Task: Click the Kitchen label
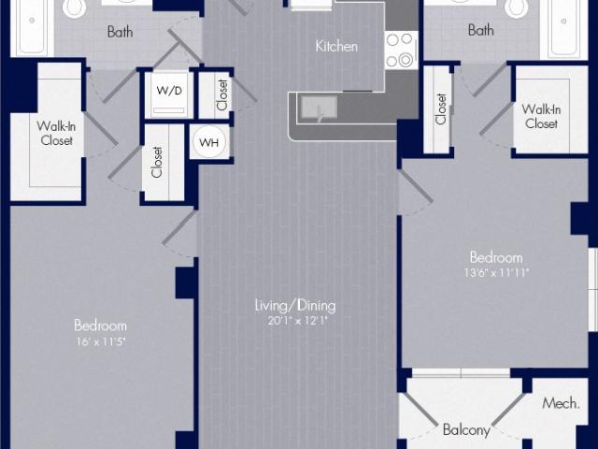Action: (336, 46)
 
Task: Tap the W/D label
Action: (169, 91)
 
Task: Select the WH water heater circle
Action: (208, 142)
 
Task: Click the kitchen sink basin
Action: (320, 109)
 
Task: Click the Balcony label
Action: (466, 429)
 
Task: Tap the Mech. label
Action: (561, 403)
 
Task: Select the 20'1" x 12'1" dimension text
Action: (298, 320)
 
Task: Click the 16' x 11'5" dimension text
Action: (101, 341)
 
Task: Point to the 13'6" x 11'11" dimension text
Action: (496, 272)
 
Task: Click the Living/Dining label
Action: (295, 306)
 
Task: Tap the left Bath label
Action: (121, 32)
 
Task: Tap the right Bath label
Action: (480, 30)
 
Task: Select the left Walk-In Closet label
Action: (56, 133)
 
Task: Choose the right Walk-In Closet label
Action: (541, 116)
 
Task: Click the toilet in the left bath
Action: (76, 7)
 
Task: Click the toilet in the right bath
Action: (517, 7)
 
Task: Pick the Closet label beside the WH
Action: (157, 162)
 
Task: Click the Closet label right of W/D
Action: (222, 95)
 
